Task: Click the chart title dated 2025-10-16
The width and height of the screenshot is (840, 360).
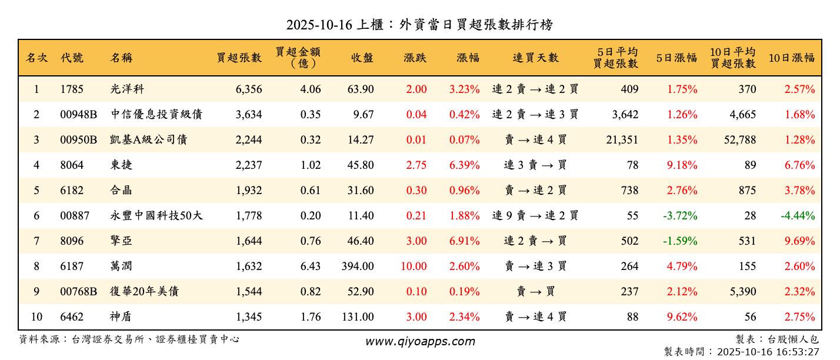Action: coord(419,25)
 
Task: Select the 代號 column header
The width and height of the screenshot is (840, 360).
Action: coord(72,58)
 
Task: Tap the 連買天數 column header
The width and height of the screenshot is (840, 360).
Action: coord(535,58)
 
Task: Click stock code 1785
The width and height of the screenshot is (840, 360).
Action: coord(72,89)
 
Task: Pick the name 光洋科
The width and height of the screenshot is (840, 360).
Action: coord(126,89)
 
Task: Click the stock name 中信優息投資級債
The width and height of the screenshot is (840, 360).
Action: coord(156,115)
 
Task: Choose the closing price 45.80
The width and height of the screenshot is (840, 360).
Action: coord(360,165)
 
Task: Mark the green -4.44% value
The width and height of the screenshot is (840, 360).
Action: coord(798,216)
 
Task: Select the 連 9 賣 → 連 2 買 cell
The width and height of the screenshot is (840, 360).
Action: coord(535,216)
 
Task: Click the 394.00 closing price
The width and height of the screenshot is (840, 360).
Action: coord(358,266)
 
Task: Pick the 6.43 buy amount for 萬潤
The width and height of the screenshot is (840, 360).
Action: coord(310,266)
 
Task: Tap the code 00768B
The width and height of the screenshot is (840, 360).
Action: coord(79,292)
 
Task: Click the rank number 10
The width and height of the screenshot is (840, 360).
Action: coord(36,317)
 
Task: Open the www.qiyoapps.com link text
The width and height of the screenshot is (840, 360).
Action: coord(419,341)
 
